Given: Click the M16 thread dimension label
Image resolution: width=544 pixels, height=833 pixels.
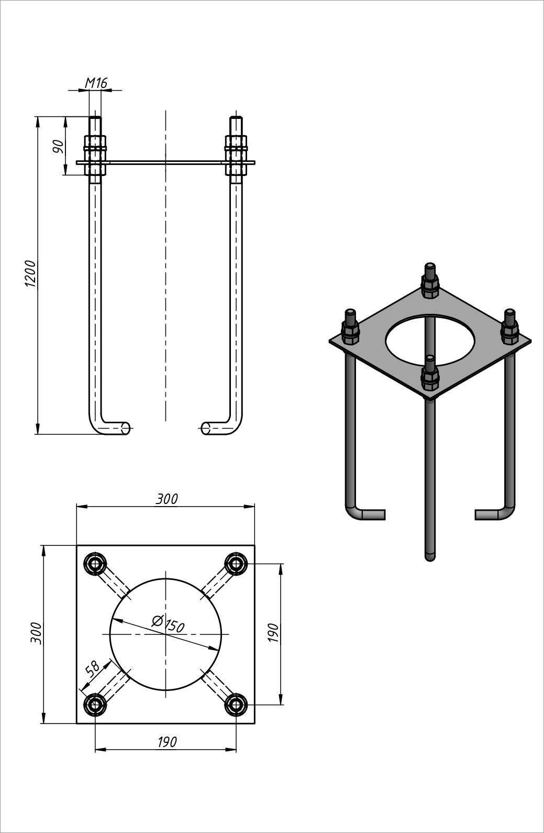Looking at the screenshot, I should click(96, 83).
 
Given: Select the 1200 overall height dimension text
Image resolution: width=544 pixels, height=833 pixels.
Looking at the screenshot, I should click(30, 273).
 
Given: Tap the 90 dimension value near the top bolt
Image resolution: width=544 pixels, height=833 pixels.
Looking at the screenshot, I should click(58, 146).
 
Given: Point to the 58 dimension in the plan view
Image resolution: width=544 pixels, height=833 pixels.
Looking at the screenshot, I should click(92, 669).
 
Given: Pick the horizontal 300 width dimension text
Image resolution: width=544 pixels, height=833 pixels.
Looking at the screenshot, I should click(166, 499).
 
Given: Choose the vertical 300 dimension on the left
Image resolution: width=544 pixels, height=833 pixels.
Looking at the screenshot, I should click(36, 633).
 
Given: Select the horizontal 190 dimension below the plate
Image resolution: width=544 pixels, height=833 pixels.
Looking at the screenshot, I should click(166, 742).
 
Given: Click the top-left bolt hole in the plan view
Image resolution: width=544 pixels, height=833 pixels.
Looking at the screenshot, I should click(95, 564).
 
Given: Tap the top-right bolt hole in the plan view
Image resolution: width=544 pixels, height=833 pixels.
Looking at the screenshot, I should click(236, 564).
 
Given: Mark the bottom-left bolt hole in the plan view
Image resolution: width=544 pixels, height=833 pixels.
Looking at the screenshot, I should click(95, 705).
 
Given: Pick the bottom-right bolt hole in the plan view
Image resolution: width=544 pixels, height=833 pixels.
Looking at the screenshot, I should click(236, 705).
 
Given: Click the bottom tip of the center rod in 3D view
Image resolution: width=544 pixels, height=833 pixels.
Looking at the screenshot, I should click(430, 556).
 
